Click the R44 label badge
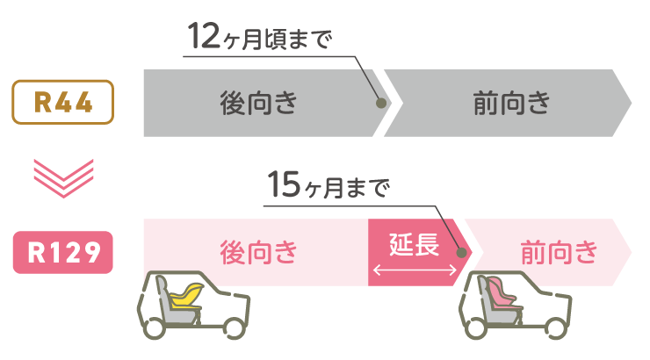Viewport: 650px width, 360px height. tap(62, 102)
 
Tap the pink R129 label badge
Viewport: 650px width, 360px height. tap(62, 252)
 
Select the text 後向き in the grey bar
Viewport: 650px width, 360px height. tap(258, 103)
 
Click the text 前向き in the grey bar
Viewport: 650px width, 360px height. tap(511, 103)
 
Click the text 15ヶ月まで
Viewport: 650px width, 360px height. tap(326, 187)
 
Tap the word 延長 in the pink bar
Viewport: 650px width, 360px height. tap(414, 245)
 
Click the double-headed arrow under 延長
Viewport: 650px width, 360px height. tap(414, 271)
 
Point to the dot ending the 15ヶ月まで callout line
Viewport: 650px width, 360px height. tap(463, 252)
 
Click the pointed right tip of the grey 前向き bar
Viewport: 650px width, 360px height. tap(630, 103)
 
